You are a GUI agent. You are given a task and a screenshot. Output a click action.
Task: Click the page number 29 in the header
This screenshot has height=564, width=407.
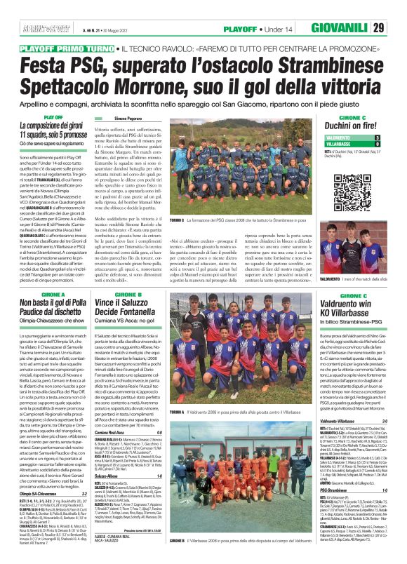pyautogui.click(x=398, y=28)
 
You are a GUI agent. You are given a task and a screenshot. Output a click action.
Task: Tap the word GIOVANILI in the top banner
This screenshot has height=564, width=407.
pyautogui.click(x=356, y=28)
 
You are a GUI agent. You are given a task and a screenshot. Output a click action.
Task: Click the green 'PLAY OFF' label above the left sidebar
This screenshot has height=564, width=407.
pyautogui.click(x=53, y=117)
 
